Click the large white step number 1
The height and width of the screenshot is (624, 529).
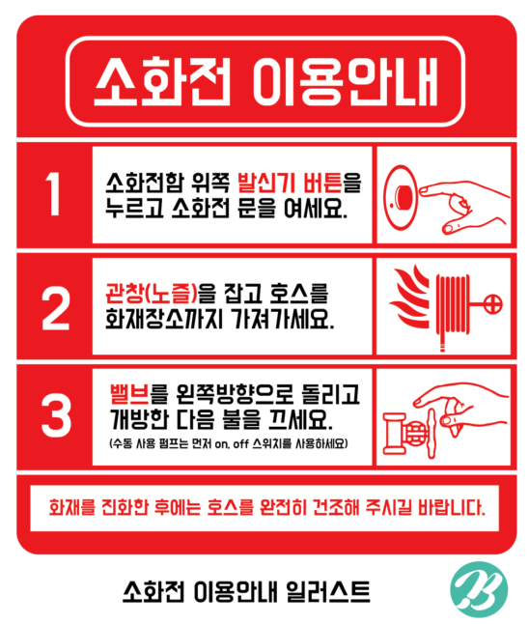tap(54, 194)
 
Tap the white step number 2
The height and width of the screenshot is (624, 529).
tap(56, 308)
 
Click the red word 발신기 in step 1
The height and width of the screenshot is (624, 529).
tap(265, 183)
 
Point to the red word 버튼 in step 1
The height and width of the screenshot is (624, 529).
tap(322, 183)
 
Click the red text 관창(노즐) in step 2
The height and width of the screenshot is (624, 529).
tap(152, 293)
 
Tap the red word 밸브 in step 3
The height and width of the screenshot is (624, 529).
tap(129, 394)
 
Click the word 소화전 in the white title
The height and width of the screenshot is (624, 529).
tap(162, 81)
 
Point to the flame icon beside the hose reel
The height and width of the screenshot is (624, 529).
tap(409, 297)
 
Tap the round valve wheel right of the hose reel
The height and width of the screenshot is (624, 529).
tap(491, 304)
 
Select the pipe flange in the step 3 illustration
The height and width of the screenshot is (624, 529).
tap(394, 434)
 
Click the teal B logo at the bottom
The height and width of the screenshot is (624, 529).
tap(479, 590)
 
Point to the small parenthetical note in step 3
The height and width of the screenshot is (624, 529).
tap(229, 443)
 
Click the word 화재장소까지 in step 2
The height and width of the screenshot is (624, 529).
tap(164, 319)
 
